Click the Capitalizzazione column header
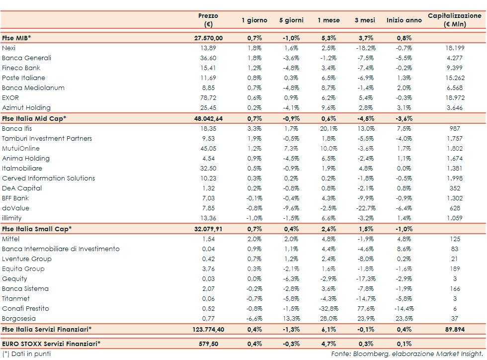coord(455,20)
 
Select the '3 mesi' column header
coord(364,20)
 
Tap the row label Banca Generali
coord(26,58)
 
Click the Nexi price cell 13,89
coord(208,48)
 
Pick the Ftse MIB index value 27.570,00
coord(208,38)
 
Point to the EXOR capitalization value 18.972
coord(455,97)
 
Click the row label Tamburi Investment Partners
coord(47,138)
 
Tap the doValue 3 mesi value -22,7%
coord(366,208)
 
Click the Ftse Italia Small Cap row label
coord(37,229)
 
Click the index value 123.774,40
coord(208,329)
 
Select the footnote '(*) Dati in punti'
coord(26,354)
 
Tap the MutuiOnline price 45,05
coord(208,148)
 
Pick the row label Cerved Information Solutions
coord(48,178)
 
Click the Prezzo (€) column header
coord(208,20)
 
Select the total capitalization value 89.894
coord(455,329)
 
